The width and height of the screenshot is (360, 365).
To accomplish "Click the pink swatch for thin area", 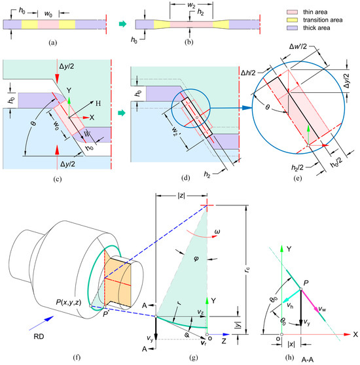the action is [x=292, y=12].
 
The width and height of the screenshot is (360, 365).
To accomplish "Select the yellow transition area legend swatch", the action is [x=292, y=20].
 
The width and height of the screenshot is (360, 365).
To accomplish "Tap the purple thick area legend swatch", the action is [x=292, y=27].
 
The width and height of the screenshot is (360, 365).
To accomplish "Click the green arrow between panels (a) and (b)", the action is [x=122, y=24].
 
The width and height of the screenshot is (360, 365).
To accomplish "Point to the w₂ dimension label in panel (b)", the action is [x=191, y=6].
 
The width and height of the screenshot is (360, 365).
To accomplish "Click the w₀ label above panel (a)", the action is [x=48, y=14].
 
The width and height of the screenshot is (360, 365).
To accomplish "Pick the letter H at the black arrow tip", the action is [x=98, y=103].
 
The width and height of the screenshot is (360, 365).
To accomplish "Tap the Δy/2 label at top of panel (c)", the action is [x=66, y=66].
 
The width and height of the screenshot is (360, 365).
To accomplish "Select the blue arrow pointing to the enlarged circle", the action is [x=231, y=108].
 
